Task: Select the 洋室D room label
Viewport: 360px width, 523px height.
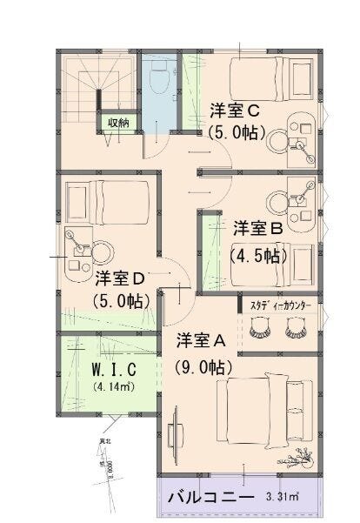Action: click(x=119, y=278)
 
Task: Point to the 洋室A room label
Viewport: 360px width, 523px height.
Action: click(x=201, y=339)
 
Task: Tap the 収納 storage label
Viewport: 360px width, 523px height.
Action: click(x=117, y=123)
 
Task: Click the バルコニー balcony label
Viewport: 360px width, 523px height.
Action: click(x=210, y=500)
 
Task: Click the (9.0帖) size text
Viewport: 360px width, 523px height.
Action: click(x=200, y=366)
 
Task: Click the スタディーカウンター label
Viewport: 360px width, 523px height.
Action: click(x=281, y=306)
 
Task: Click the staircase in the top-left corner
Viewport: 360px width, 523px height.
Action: click(x=92, y=86)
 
